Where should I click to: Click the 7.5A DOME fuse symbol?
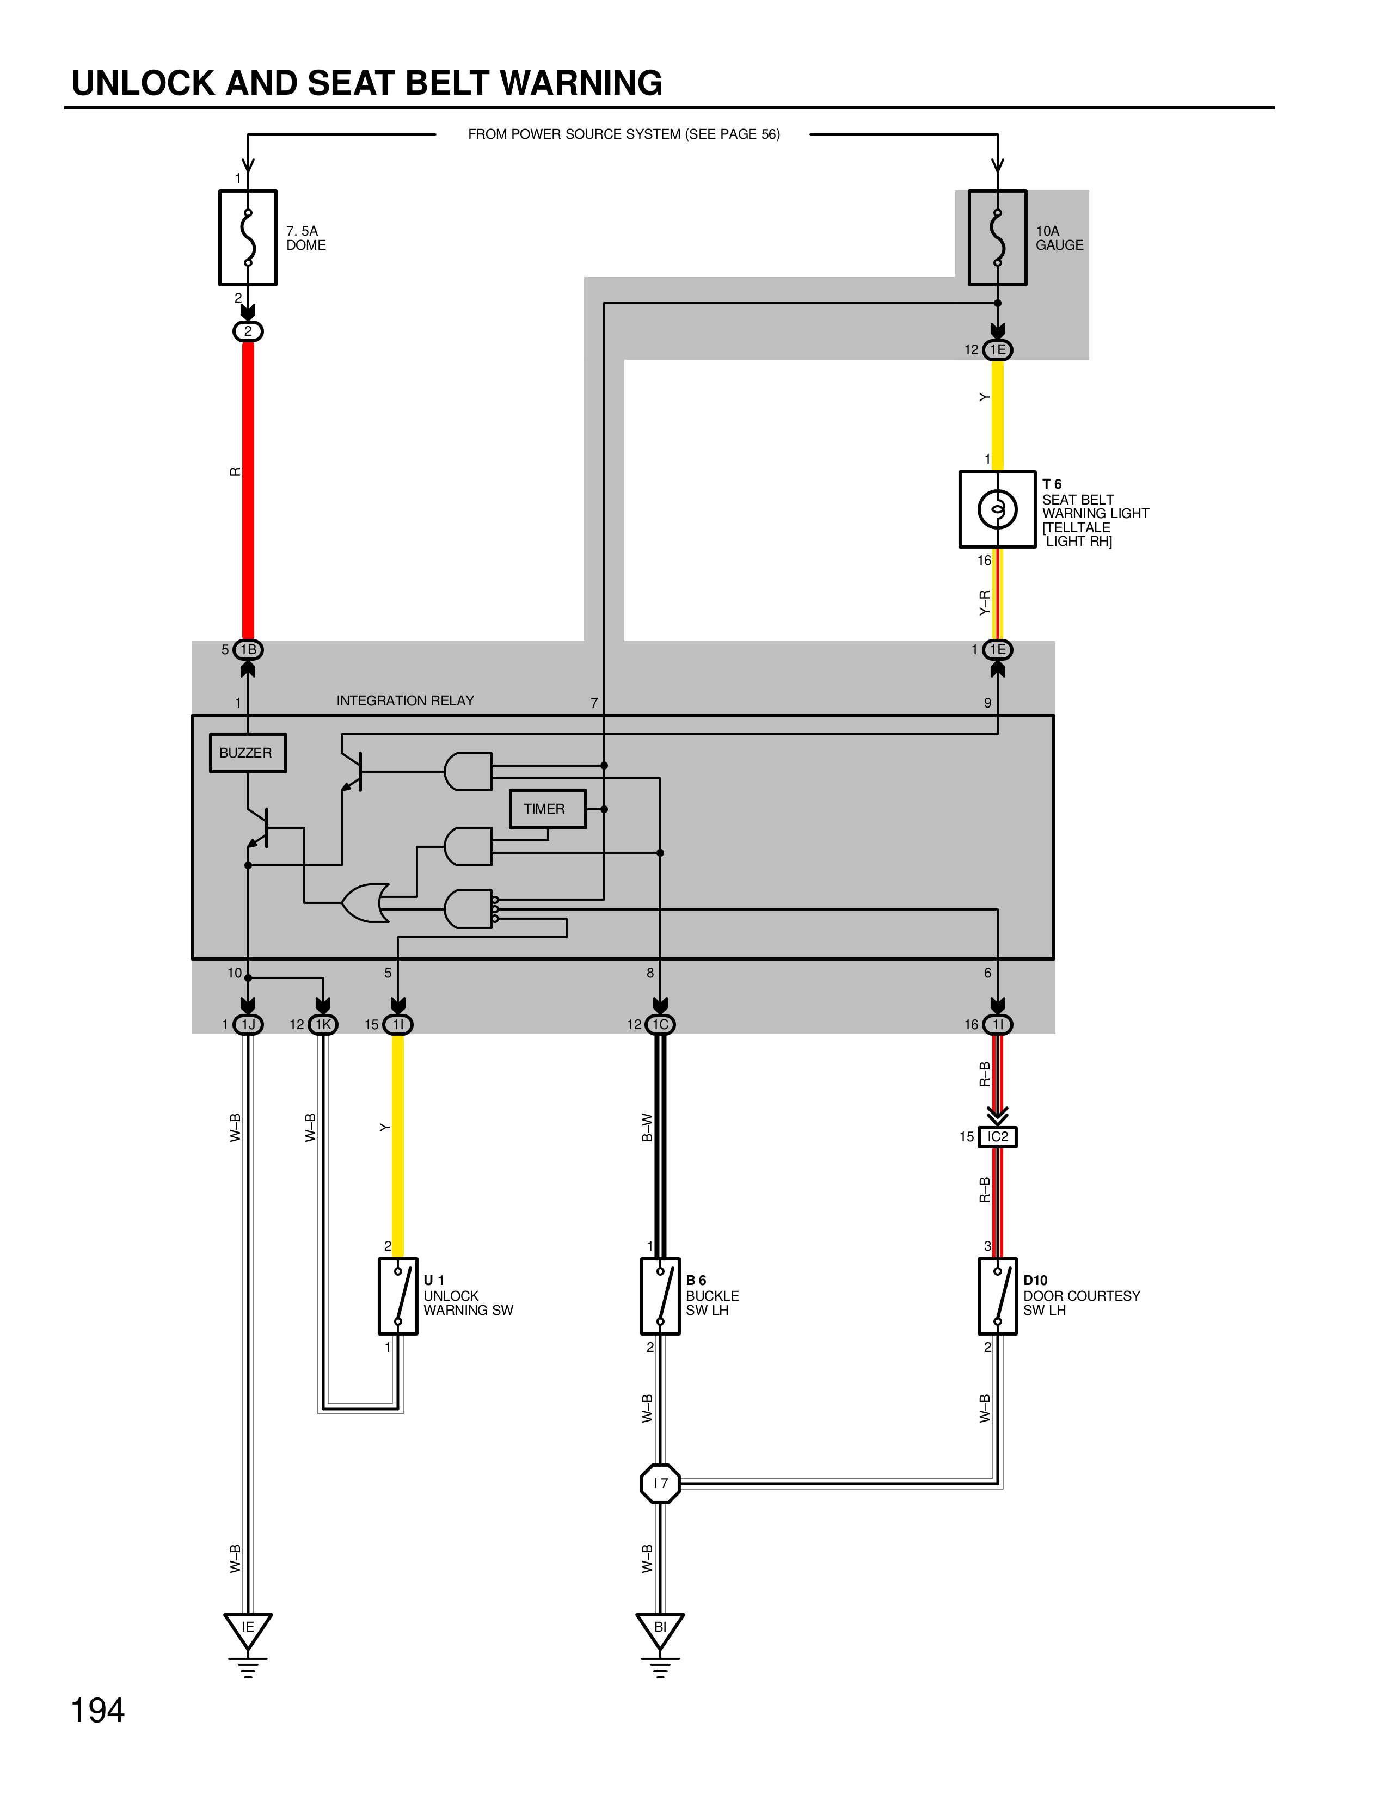pos(248,238)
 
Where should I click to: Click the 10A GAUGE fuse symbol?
pos(997,238)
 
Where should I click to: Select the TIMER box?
pos(547,808)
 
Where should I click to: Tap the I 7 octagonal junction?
pos(660,1484)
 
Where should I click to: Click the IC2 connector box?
pos(997,1136)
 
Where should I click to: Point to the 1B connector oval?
pos(248,650)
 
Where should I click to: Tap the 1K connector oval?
pos(323,1025)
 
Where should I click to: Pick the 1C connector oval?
pos(660,1025)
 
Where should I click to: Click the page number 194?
pos(98,1711)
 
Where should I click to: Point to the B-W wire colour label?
pos(647,1128)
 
